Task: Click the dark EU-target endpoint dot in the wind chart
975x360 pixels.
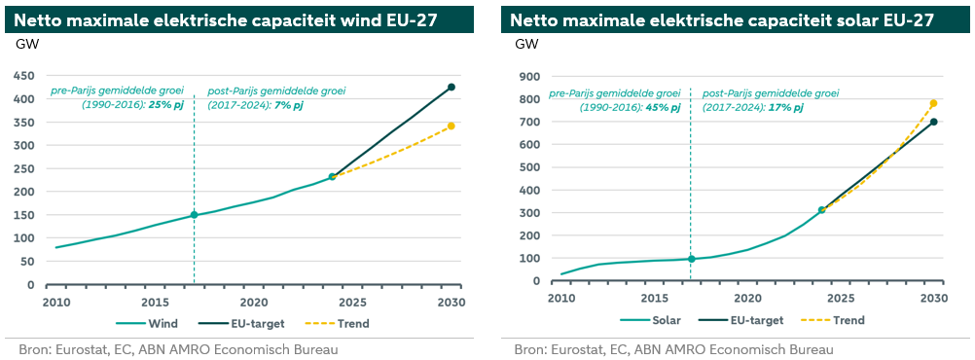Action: tap(451, 87)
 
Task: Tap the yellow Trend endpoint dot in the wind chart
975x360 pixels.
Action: tap(451, 126)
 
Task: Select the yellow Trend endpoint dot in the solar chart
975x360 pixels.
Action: tap(933, 103)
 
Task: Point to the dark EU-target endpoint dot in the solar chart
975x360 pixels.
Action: tap(933, 122)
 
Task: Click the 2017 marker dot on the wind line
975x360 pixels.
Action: tap(194, 215)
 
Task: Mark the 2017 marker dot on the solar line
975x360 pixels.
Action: tap(691, 259)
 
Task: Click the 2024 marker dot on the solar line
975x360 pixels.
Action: tap(822, 210)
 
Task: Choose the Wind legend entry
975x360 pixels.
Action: tap(147, 323)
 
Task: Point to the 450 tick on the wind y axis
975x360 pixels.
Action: tap(25, 75)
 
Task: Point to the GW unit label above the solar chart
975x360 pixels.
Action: tap(526, 44)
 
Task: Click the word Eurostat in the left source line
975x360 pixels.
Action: tap(75, 349)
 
